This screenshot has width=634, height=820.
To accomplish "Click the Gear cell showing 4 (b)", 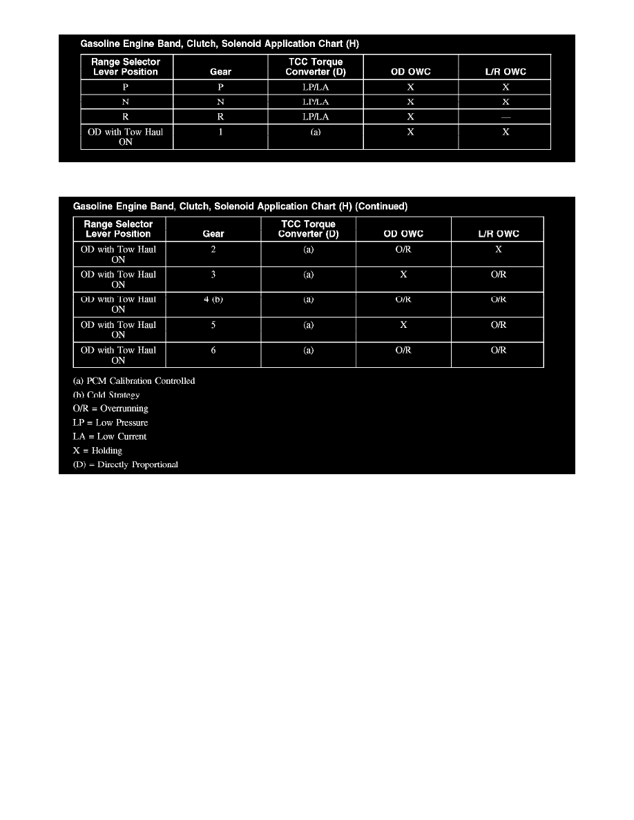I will click(213, 300).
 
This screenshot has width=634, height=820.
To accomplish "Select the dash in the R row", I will click(506, 117).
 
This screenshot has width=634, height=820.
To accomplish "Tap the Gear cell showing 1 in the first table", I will click(220, 132).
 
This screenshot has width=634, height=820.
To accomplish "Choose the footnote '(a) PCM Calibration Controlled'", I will click(134, 381).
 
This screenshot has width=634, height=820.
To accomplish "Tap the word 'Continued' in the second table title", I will click(381, 206).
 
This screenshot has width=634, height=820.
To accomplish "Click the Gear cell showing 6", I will click(213, 350).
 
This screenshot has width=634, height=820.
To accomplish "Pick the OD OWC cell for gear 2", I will click(403, 249).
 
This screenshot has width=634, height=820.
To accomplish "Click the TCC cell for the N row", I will click(316, 101).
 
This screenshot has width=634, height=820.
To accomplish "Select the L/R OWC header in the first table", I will click(506, 72).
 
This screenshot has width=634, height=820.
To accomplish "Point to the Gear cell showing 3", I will click(213, 274).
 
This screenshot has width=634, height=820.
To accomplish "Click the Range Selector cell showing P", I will click(126, 87).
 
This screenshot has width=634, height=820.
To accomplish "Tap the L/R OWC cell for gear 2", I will click(498, 249).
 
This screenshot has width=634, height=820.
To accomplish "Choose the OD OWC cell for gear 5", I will click(403, 324).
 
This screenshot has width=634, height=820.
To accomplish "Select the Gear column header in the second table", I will click(213, 234).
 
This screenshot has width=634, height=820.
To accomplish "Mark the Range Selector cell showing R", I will click(126, 117).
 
